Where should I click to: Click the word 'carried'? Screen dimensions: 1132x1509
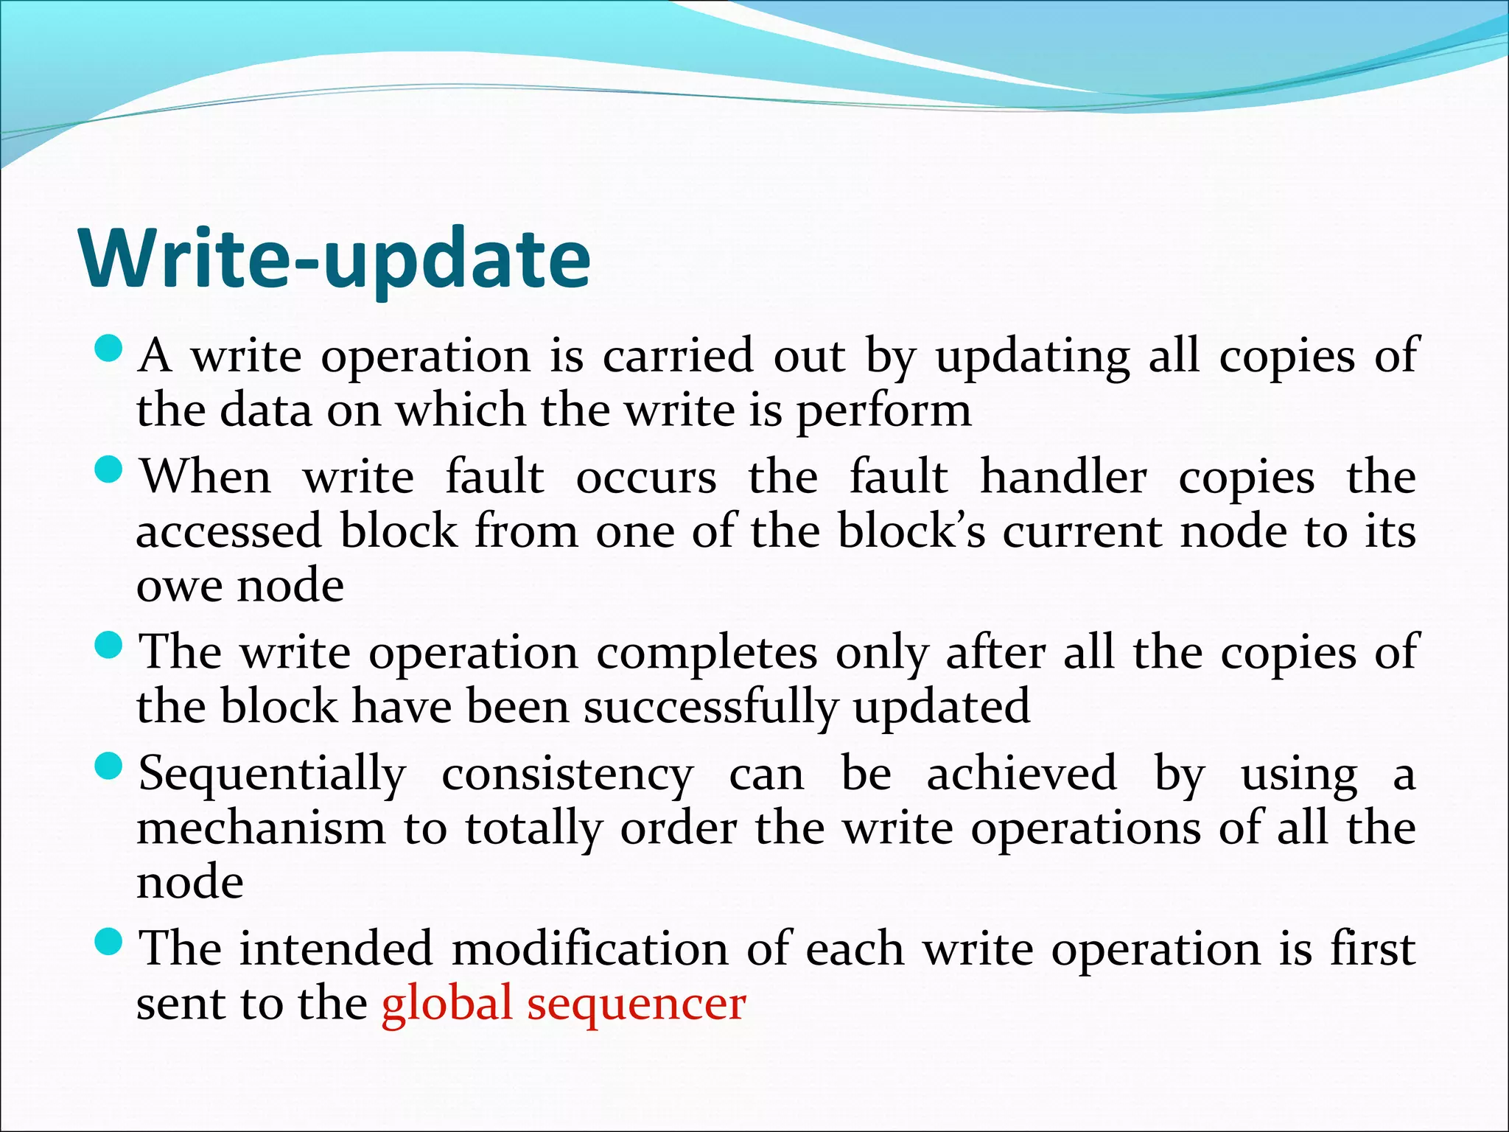[x=678, y=357]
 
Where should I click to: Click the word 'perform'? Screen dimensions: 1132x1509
[x=884, y=412]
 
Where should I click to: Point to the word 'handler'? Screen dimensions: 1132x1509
[x=1063, y=478]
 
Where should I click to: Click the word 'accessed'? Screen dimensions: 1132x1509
[x=229, y=531]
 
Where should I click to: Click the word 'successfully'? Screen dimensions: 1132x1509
[x=710, y=708]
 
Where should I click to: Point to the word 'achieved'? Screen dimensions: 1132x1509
[x=1021, y=775]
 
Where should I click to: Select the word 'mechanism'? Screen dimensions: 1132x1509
[x=261, y=829]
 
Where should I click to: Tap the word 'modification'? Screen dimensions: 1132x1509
[x=590, y=950]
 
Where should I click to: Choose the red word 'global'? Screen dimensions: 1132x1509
[x=447, y=1004]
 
